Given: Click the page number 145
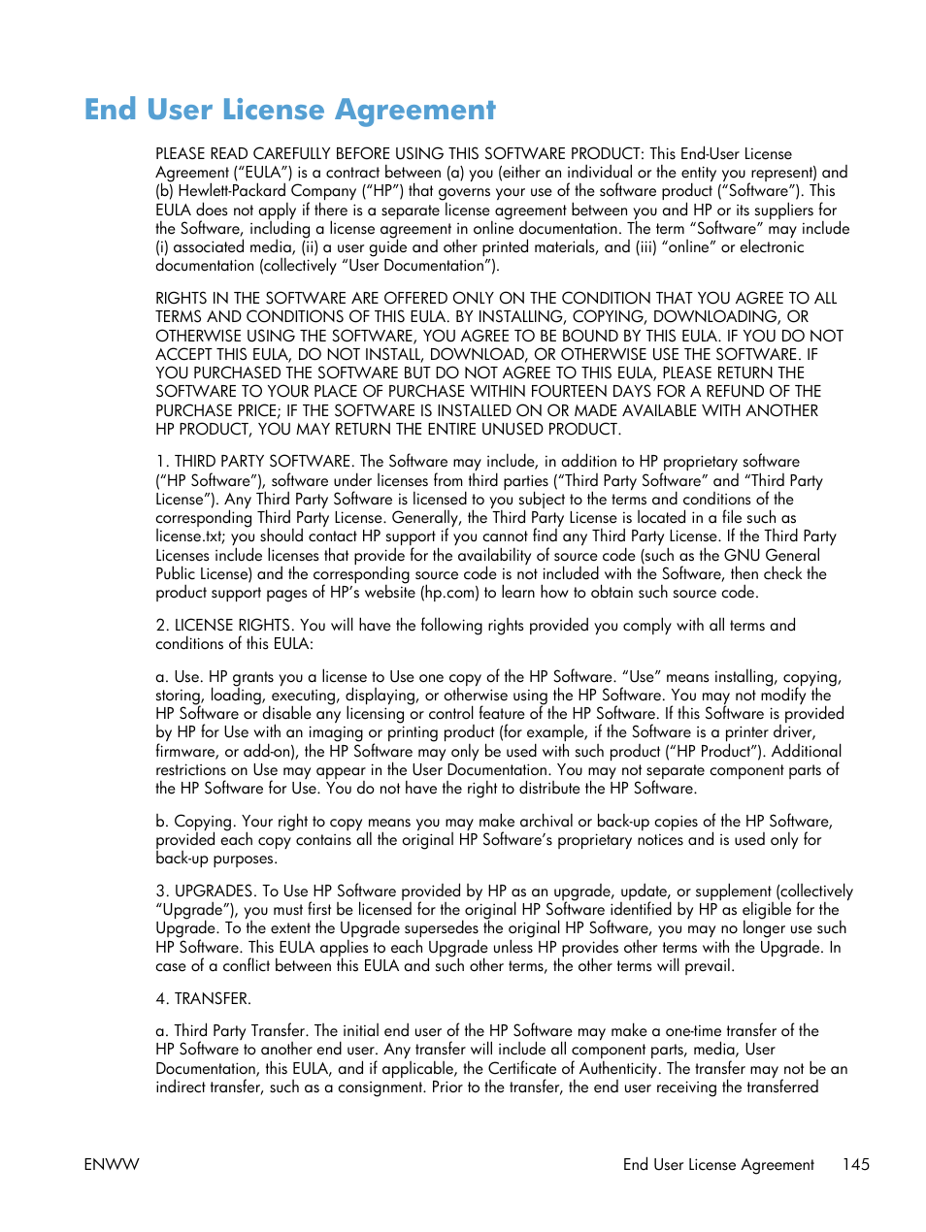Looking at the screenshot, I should click(x=855, y=1164).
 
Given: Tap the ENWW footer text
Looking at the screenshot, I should click(x=112, y=1164).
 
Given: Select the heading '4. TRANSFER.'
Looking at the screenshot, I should click(x=203, y=998).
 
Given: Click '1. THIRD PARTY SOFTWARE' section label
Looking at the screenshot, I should click(x=254, y=462).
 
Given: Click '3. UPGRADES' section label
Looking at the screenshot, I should click(x=205, y=891).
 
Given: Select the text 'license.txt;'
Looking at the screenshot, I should click(x=191, y=536).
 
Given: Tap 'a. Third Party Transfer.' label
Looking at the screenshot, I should click(x=232, y=1031).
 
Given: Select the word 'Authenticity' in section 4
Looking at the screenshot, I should click(x=619, y=1069).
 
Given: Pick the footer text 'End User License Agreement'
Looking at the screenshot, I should click(x=718, y=1164).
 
